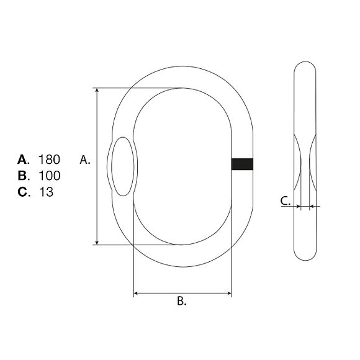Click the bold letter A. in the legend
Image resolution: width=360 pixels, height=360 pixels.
pyautogui.click(x=24, y=160)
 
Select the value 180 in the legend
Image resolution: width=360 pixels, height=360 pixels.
pyautogui.click(x=49, y=160)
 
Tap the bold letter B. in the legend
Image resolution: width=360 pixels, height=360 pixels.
pyautogui.click(x=24, y=176)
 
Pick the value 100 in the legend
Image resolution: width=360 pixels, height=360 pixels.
pyautogui.click(x=50, y=176)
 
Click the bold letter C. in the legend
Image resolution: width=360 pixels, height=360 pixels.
pyautogui.click(x=24, y=192)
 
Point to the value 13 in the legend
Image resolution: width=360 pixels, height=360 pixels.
pyautogui.click(x=46, y=192)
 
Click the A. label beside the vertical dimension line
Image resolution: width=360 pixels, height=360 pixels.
pyautogui.click(x=85, y=160)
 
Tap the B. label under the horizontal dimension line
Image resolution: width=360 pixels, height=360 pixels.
pyautogui.click(x=182, y=301)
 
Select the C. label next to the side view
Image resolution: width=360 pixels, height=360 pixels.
pyautogui.click(x=286, y=201)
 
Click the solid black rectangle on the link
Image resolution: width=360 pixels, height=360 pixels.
pyautogui.click(x=242, y=164)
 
